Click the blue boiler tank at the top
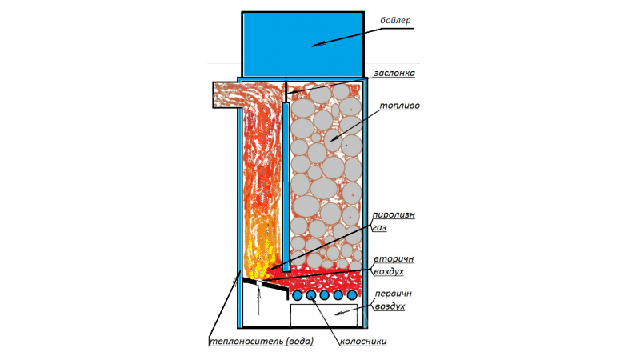tap(302, 44)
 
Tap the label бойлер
tap(395, 21)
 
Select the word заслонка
tap(394, 73)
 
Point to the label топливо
tap(399, 106)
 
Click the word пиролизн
tap(393, 215)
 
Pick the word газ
tap(379, 228)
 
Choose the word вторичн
tap(394, 258)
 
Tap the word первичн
tap(393, 294)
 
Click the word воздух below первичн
tap(390, 306)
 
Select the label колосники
tap(363, 342)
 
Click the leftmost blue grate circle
tap(297, 295)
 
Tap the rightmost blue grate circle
tap(352, 295)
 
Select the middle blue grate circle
tap(325, 295)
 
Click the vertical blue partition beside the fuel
tap(286, 187)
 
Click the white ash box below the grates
tap(324, 315)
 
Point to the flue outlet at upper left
tap(227, 94)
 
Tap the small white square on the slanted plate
tap(258, 283)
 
